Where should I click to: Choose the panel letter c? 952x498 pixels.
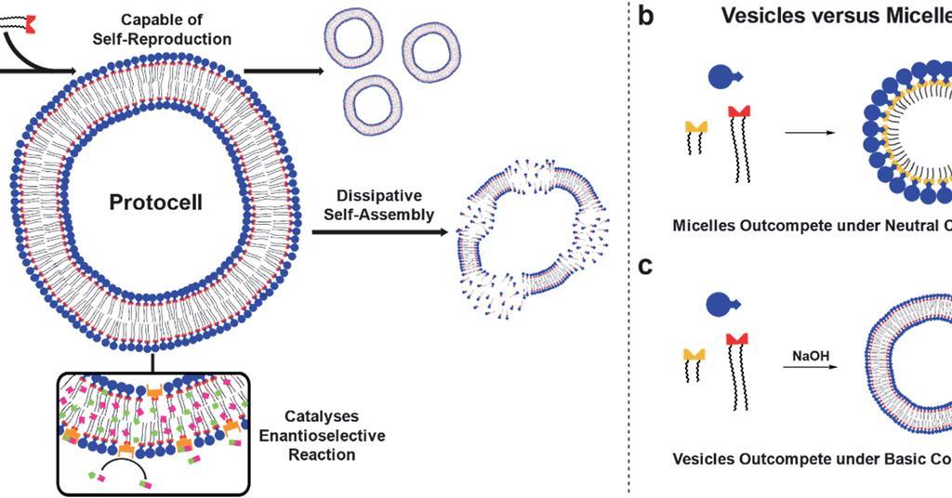pyautogui.click(x=648, y=269)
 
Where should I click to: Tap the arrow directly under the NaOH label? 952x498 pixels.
pyautogui.click(x=804, y=368)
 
